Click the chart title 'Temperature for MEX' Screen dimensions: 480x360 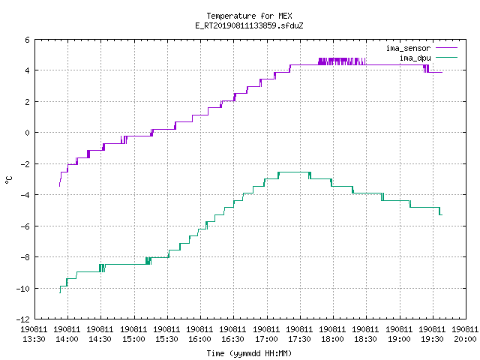(x=249, y=16)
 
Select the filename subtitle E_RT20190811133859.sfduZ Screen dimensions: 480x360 (x=249, y=25)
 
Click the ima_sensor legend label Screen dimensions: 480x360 (x=408, y=48)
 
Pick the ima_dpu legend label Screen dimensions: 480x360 (x=415, y=58)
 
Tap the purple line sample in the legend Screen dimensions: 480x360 (x=446, y=48)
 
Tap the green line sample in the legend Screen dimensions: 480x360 (x=446, y=57)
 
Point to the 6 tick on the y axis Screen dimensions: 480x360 (x=28, y=40)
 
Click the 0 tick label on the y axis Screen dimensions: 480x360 (x=28, y=133)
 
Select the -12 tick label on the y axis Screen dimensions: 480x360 (x=23, y=319)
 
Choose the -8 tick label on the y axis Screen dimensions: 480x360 (x=25, y=257)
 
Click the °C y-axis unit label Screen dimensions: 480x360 (x=8, y=180)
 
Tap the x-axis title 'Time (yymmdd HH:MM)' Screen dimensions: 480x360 (x=249, y=353)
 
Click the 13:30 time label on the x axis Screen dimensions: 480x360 (x=34, y=340)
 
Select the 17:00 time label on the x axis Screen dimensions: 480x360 (x=266, y=340)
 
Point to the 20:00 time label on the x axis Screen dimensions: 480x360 (x=465, y=340)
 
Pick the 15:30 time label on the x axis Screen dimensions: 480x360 (x=166, y=340)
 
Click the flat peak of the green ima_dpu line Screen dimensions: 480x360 (x=294, y=172)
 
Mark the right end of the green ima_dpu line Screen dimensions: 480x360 (x=442, y=215)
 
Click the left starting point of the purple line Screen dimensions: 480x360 (x=59, y=186)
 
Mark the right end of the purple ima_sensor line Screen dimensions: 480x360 (x=442, y=72)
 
